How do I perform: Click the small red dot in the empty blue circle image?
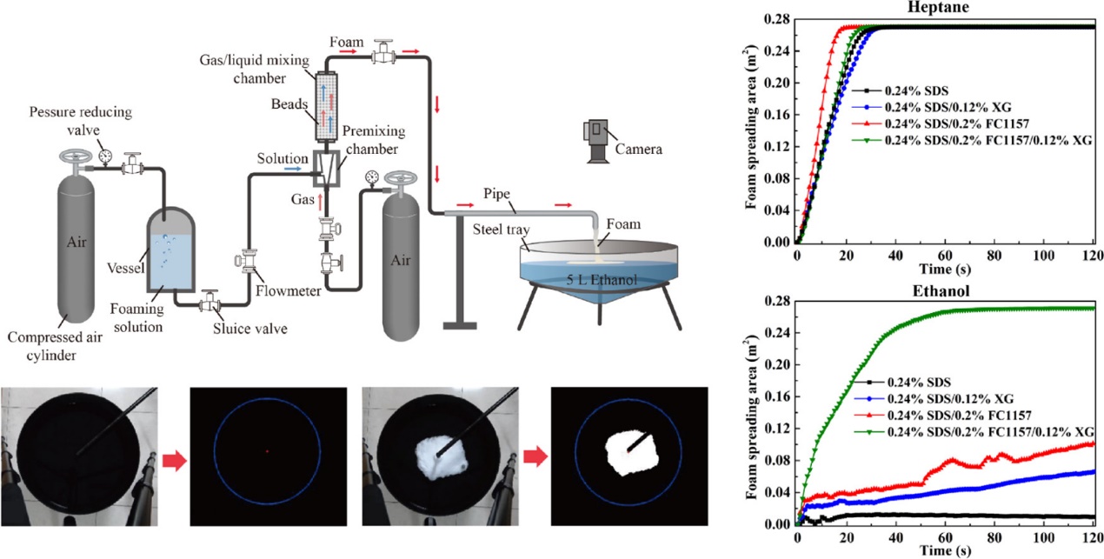click(x=267, y=451)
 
